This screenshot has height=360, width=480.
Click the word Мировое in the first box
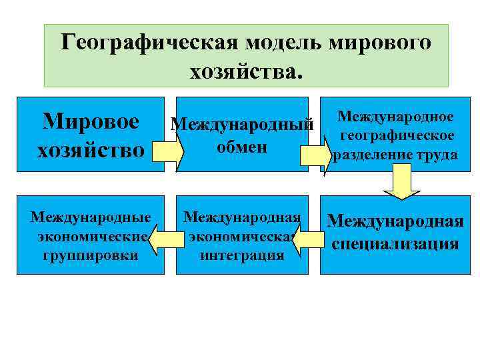coord(91,122)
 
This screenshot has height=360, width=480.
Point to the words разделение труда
coord(395,155)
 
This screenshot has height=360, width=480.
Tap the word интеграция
coord(242,255)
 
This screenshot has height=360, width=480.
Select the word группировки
coord(89,255)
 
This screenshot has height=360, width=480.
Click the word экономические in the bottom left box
coord(89,237)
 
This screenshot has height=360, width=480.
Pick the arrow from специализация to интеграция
coord(307,240)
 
